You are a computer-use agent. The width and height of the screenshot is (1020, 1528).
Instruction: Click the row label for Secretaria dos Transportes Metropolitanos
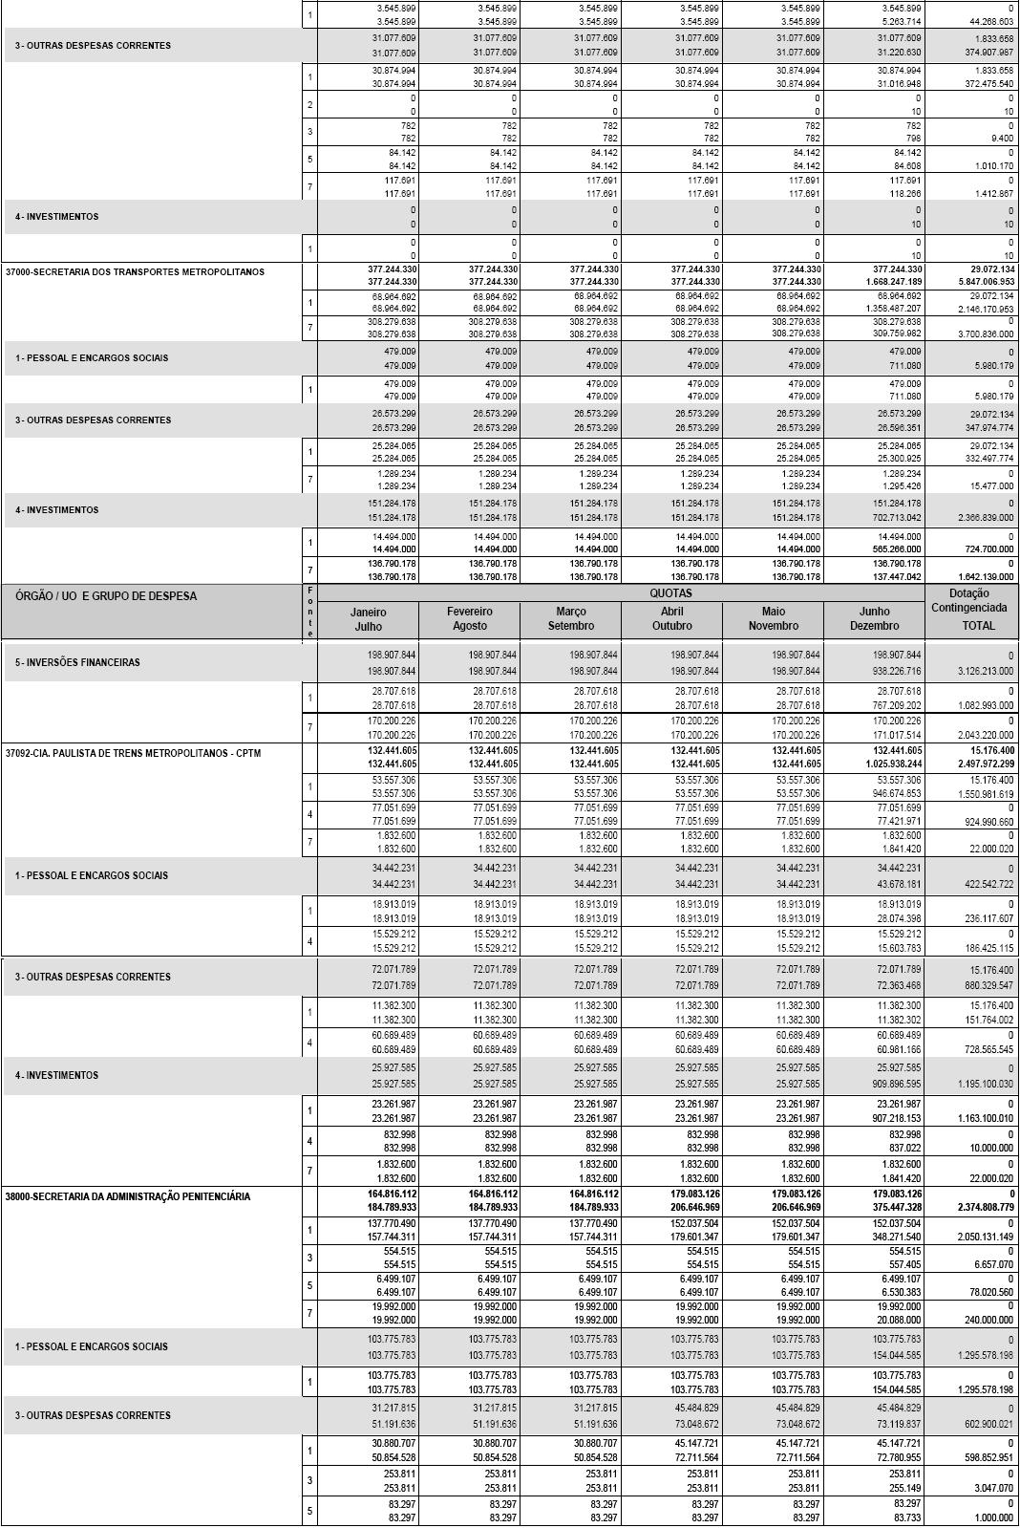point(135,272)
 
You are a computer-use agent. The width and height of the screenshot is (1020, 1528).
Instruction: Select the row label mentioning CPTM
point(133,753)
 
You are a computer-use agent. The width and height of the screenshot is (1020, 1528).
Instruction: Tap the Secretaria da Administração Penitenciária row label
point(128,1196)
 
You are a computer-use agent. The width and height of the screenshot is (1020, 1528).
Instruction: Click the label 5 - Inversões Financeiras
point(77,662)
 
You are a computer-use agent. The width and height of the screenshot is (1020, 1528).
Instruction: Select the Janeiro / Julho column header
point(368,618)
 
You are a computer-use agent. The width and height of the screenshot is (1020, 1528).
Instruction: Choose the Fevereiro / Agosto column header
point(469,618)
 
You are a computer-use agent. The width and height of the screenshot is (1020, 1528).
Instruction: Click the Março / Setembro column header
point(570,618)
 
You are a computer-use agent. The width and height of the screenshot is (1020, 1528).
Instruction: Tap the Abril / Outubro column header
point(671,618)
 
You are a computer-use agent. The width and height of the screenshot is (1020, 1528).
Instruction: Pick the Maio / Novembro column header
point(773,618)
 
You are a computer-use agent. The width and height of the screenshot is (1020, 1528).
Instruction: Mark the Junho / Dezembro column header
point(874,618)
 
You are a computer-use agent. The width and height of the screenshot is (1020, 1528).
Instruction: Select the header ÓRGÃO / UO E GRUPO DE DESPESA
point(106,596)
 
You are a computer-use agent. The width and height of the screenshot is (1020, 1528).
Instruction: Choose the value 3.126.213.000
point(987,672)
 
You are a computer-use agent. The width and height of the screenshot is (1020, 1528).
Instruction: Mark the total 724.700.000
point(987,550)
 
